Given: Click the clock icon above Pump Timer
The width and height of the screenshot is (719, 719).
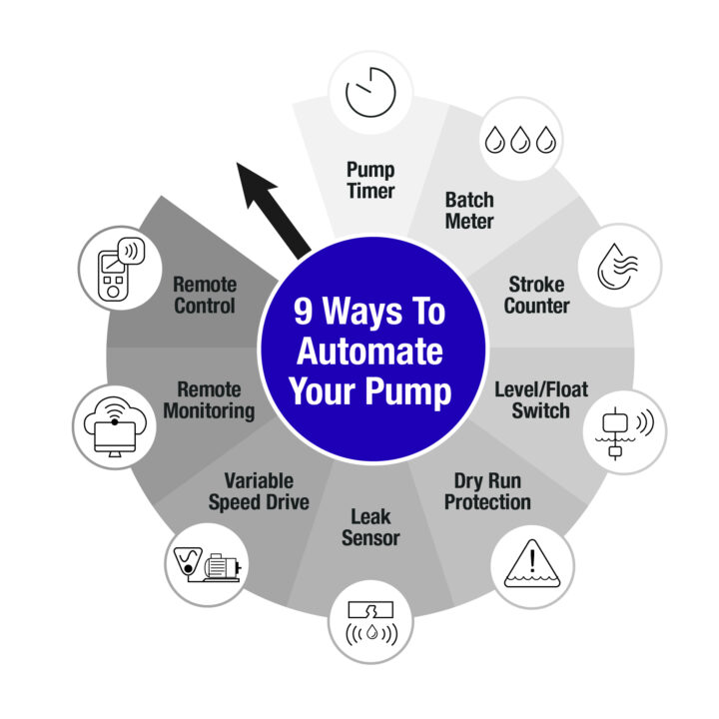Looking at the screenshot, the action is [x=370, y=92].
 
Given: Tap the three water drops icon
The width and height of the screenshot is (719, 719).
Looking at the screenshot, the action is [x=521, y=140].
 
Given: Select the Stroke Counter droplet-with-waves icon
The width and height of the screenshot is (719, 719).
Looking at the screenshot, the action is [x=618, y=266].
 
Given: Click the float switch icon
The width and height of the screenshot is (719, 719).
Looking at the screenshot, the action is [x=624, y=432].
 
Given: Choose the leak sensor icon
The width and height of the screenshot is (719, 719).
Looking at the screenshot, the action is [x=370, y=623].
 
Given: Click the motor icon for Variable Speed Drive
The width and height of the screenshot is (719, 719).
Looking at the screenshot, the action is [x=208, y=564].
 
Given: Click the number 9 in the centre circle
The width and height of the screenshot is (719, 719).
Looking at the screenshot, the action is [x=304, y=312].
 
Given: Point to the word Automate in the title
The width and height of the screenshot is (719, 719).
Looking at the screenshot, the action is [x=370, y=352].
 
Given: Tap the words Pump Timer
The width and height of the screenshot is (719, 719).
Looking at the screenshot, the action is [x=370, y=180].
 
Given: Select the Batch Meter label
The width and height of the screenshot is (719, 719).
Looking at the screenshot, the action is [x=469, y=211].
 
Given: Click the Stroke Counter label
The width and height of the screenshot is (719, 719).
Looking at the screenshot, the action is [x=536, y=295].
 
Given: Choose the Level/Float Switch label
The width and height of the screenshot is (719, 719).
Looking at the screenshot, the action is [x=541, y=399].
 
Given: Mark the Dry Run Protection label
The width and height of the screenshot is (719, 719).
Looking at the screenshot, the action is [x=487, y=491].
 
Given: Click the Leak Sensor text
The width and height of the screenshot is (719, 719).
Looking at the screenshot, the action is [x=370, y=527].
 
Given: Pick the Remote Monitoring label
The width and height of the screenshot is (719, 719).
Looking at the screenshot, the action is [x=209, y=400].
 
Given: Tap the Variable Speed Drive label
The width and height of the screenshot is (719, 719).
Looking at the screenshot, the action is [x=259, y=492].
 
